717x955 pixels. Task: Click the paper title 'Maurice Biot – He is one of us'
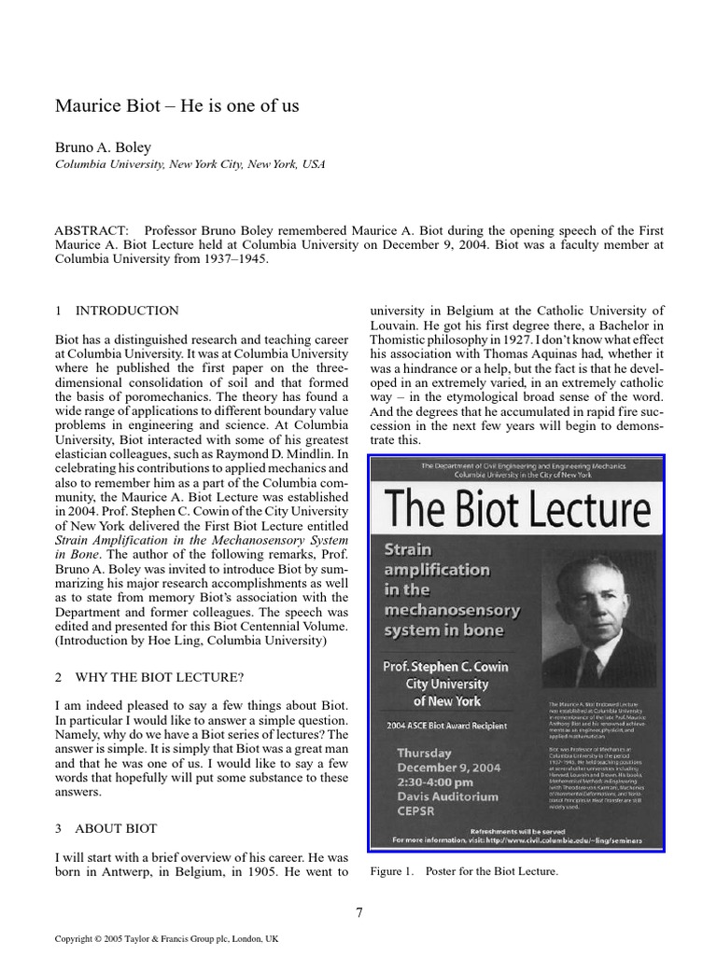177,105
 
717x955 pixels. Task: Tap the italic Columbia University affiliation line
190,164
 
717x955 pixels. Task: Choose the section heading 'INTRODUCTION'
126,311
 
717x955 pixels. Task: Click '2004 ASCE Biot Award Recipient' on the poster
447,725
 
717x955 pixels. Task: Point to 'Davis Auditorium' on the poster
447,797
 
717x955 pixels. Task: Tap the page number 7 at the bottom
359,913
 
